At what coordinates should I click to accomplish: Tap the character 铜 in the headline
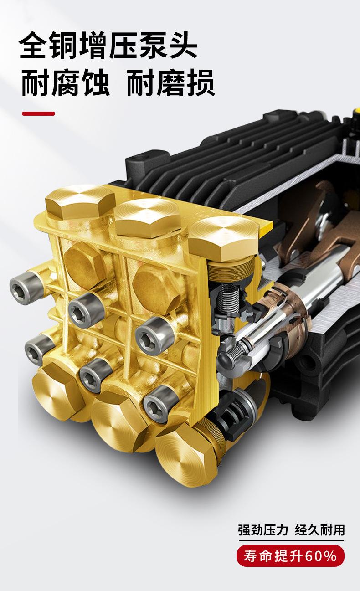pos(63,45)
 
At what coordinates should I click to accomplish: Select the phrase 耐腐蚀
pos(65,83)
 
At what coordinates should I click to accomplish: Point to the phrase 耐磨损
pos(170,83)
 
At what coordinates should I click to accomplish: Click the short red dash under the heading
pos(39,114)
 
